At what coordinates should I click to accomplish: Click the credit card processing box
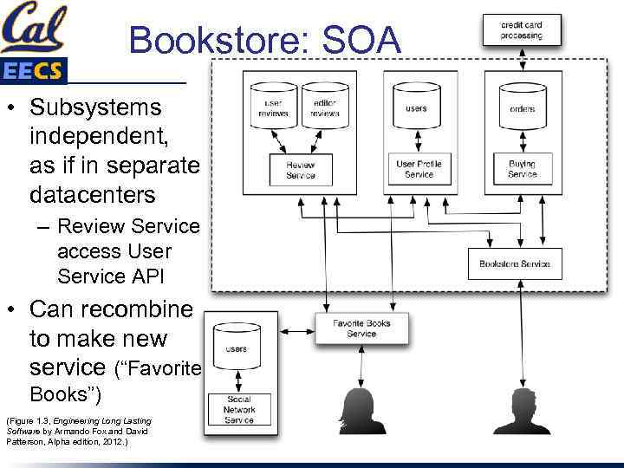pyautogui.click(x=522, y=30)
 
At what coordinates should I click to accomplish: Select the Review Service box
pyautogui.click(x=301, y=170)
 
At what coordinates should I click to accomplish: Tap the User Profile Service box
pyautogui.click(x=419, y=169)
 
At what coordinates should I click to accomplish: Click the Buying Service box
pyautogui.click(x=522, y=169)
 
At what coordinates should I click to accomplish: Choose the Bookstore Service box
pyautogui.click(x=515, y=263)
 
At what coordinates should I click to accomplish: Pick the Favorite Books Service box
pyautogui.click(x=362, y=328)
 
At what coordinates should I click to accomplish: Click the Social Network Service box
pyautogui.click(x=239, y=409)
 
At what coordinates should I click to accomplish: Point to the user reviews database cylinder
pyautogui.click(x=272, y=107)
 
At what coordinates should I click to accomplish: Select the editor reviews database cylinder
pyautogui.click(x=324, y=107)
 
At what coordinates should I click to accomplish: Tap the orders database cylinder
pyautogui.click(x=522, y=107)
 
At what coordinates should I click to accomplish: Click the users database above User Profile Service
pyautogui.click(x=416, y=107)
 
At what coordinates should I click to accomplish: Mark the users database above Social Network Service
pyautogui.click(x=236, y=348)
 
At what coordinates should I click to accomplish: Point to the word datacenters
pyautogui.click(x=92, y=195)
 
